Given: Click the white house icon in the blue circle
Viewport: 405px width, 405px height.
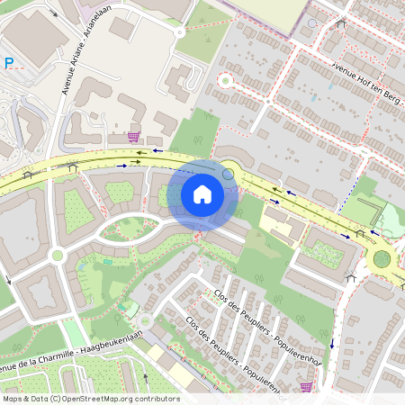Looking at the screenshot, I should pyautogui.click(x=202, y=193).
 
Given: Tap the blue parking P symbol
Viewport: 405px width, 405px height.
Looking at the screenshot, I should pyautogui.click(x=9, y=63).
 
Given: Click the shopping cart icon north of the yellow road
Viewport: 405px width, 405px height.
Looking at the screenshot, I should pyautogui.click(x=134, y=137).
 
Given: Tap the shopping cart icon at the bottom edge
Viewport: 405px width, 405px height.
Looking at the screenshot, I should pyautogui.click(x=305, y=387).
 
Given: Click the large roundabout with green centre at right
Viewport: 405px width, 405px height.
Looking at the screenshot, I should pyautogui.click(x=382, y=260).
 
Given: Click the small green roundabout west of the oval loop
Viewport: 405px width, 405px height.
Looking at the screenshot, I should pyautogui.click(x=58, y=256).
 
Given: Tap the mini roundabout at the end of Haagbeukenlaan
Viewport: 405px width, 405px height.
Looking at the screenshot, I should pyautogui.click(x=146, y=320).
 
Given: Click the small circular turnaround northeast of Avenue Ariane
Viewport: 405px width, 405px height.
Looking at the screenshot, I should pyautogui.click(x=179, y=31).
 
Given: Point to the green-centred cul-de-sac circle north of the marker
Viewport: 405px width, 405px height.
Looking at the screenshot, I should pyautogui.click(x=225, y=80).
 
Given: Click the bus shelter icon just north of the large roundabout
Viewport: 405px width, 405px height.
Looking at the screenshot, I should pyautogui.click(x=360, y=233).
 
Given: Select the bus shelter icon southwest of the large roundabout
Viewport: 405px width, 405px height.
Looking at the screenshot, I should pyautogui.click(x=350, y=279).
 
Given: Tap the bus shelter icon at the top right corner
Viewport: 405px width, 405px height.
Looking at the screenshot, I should pyautogui.click(x=340, y=22).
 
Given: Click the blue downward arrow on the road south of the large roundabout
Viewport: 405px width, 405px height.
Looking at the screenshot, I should pyautogui.click(x=331, y=343).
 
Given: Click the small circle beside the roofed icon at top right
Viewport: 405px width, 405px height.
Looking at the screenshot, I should pyautogui.click(x=312, y=23).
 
